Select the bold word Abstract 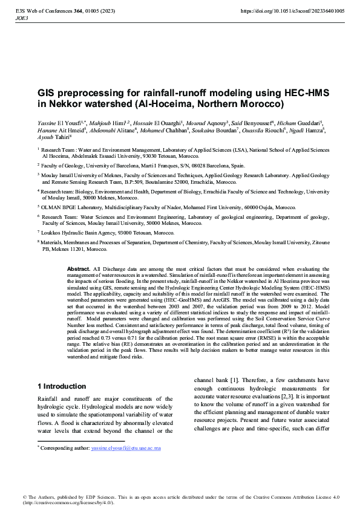pyautogui.click(x=79, y=268)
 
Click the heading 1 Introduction pyautogui.click(x=62, y=386)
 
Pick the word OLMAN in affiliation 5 pyautogui.click(x=53, y=206)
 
